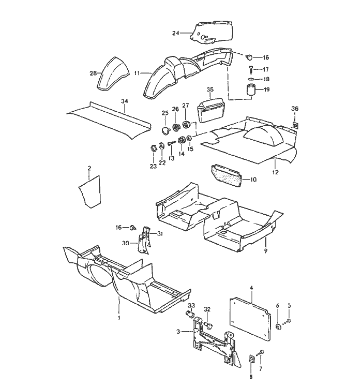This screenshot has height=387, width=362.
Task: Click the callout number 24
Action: [175, 33]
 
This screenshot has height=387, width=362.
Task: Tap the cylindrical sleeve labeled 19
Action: [251, 91]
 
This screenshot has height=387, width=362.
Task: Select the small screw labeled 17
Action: [250, 68]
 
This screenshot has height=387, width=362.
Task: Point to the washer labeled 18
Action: [251, 79]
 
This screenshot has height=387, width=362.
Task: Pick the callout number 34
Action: [124, 101]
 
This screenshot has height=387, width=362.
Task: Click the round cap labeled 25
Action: [164, 129]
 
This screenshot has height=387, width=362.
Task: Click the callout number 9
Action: [265, 250]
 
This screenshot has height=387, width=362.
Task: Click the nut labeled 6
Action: [278, 326]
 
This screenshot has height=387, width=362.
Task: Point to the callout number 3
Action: [177, 331]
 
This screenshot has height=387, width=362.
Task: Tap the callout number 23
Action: [153, 166]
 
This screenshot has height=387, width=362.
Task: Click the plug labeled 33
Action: [189, 315]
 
